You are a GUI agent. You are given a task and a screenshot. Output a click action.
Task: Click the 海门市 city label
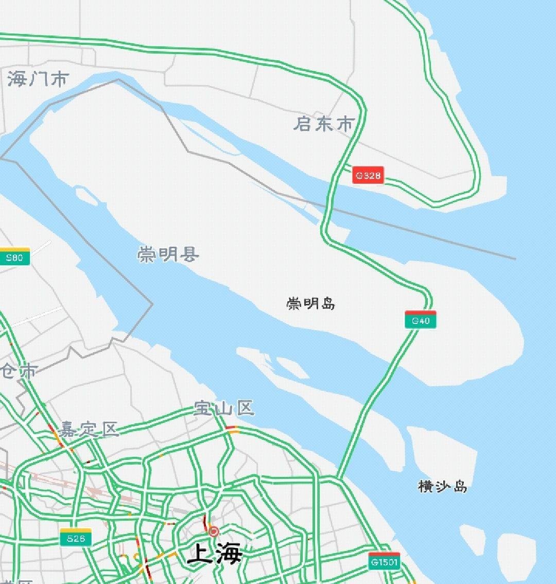point(38,79)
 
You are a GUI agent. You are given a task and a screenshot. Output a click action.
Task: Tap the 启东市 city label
point(324,124)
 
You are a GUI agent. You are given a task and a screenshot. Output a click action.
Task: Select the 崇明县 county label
point(168,254)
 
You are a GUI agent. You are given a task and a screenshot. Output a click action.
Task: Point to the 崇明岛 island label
point(311,303)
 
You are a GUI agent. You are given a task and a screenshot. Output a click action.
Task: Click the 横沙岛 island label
point(443,486)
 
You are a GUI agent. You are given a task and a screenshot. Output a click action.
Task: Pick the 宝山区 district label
point(224,408)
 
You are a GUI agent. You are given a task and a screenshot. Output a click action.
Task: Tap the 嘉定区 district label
point(88,429)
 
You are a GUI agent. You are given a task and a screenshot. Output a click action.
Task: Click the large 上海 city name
point(215,554)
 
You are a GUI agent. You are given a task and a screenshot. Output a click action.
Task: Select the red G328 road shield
point(368,175)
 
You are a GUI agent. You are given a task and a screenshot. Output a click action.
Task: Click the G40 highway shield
point(421,320)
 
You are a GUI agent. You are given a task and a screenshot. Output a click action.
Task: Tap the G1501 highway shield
point(385,561)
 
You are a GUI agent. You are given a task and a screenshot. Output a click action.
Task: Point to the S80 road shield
point(14,257)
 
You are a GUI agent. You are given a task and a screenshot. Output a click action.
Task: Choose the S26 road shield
point(76,538)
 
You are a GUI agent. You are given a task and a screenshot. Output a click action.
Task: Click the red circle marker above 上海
point(213,531)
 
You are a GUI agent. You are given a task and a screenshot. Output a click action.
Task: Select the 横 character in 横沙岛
point(426,486)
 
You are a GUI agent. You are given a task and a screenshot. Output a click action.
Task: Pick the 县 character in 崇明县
point(189,254)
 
